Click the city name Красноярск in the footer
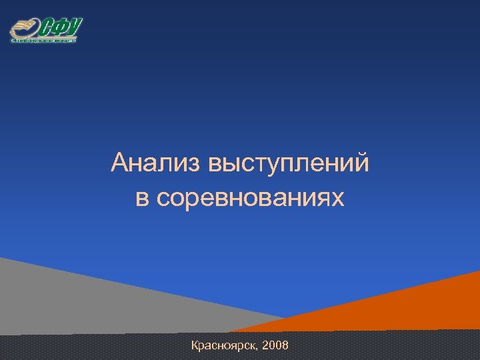coord(224,345)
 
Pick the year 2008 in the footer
coord(276,345)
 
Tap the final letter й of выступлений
coord(361,161)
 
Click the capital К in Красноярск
coord(195,345)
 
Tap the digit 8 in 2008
coord(285,345)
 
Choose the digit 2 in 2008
coord(267,345)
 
